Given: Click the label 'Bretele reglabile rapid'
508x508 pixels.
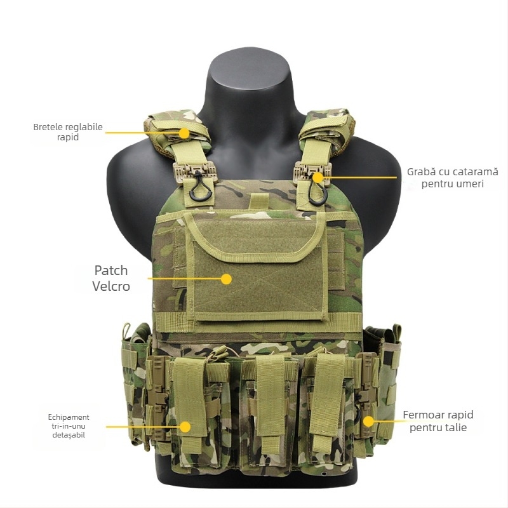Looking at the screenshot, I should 68,131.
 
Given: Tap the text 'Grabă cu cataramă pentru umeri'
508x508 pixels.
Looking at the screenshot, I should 453,178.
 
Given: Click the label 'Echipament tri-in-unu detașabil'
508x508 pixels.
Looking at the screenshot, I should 69,426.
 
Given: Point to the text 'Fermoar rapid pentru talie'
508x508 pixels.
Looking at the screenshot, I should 438,421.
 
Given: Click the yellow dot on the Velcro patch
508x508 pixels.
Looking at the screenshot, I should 226,278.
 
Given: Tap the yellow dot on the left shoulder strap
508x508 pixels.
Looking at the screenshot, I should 184,133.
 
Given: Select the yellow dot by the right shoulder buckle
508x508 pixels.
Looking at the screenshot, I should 317,178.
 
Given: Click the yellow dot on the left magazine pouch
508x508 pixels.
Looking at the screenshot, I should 185,427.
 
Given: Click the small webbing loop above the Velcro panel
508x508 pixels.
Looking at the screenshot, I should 257,201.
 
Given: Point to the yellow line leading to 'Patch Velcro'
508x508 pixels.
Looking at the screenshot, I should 184,278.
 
